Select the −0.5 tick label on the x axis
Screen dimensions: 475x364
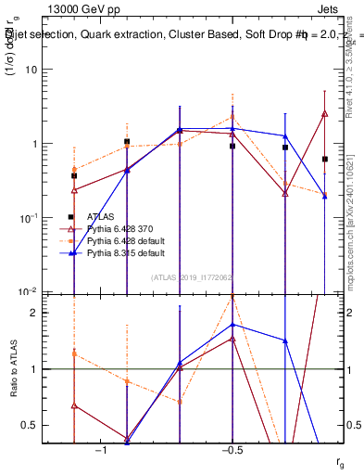232,450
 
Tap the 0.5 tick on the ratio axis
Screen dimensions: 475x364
37,425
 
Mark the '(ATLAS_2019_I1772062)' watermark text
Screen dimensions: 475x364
192,276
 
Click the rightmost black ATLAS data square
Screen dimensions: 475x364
325,160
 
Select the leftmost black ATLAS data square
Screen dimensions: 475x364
74,175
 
